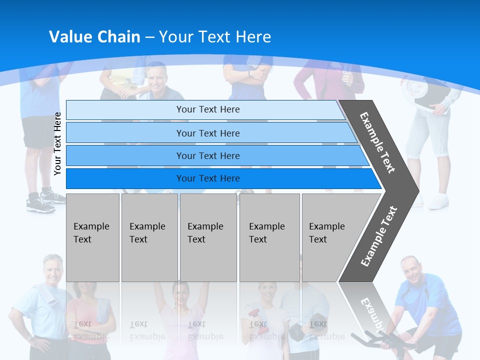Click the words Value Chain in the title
tap(94, 37)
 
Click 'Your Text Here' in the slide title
tap(215, 37)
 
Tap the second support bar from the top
tap(207, 133)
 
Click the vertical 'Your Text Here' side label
tap(57, 144)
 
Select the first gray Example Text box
tap(92, 237)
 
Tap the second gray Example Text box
tap(149, 237)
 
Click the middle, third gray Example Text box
tap(208, 237)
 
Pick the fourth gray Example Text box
tap(269, 237)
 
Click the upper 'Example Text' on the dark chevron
tap(377, 142)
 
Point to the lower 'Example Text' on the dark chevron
tap(379, 236)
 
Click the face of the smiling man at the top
tap(158, 80)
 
